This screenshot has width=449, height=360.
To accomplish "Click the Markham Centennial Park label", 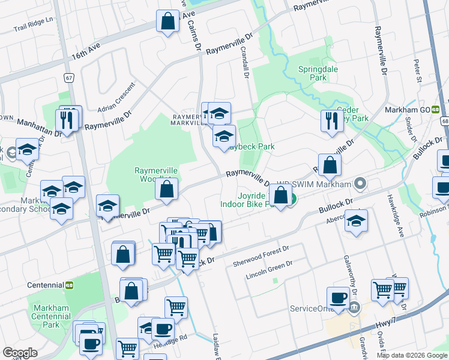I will (51, 316).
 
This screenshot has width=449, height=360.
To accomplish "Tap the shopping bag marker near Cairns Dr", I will (168, 22).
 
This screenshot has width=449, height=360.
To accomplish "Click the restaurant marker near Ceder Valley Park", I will (331, 121).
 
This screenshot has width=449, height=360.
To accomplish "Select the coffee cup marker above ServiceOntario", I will (338, 298).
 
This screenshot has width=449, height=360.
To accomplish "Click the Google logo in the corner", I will (20, 352).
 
